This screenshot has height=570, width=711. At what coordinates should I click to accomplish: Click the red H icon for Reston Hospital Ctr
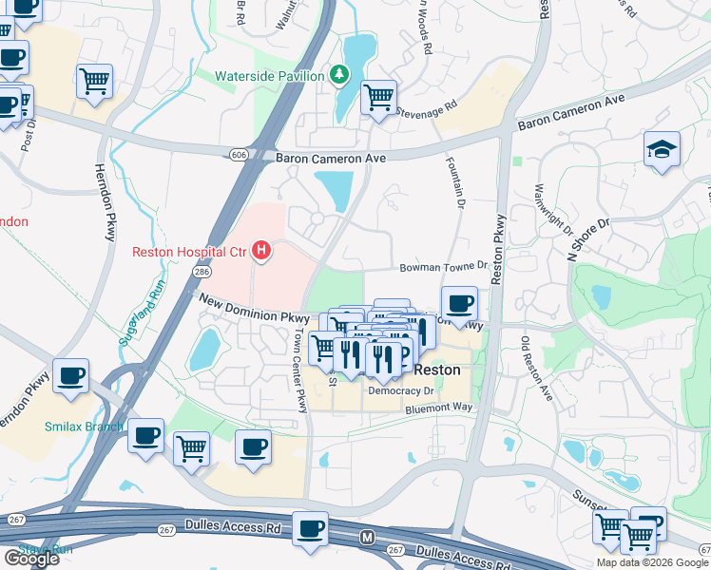[261, 252]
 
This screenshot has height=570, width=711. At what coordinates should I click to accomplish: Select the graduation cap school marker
[662, 149]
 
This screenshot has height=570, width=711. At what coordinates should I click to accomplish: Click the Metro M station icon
[368, 539]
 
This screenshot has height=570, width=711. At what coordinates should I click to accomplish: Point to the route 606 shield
[239, 154]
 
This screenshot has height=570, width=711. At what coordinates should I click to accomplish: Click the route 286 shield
[202, 272]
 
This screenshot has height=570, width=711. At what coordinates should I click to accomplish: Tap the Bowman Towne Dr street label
[442, 269]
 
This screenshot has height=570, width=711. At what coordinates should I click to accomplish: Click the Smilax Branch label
[82, 427]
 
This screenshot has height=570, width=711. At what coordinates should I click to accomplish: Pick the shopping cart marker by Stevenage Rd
[378, 96]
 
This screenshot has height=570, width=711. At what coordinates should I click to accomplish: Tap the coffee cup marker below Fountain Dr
[460, 304]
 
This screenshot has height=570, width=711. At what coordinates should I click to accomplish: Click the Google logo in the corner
[31, 559]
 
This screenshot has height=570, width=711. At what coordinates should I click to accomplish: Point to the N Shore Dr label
[588, 239]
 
